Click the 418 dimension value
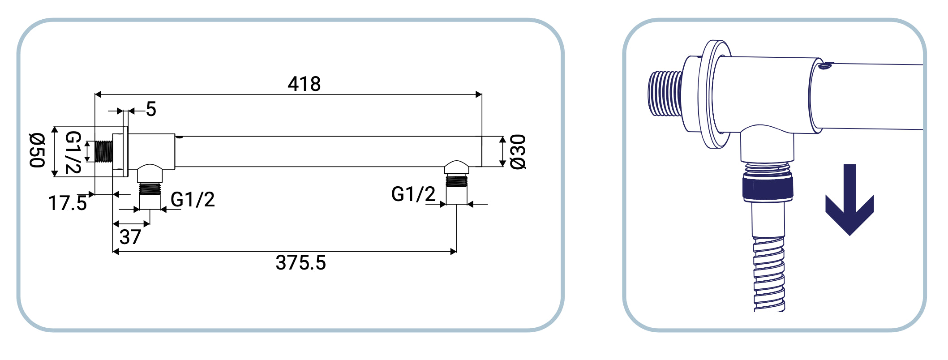[x=304, y=84]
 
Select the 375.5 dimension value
[x=300, y=263]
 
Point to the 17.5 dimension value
[x=67, y=203]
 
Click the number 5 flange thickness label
[x=151, y=110]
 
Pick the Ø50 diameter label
[x=37, y=150]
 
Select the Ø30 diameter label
[x=518, y=152]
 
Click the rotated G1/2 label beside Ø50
[x=73, y=152]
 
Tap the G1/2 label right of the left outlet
[x=193, y=200]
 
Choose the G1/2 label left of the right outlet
[x=413, y=194]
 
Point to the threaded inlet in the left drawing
[x=104, y=151]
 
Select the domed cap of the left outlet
[x=150, y=172]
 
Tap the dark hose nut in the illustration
[x=768, y=189]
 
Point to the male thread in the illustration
[x=665, y=93]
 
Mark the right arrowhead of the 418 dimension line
[x=479, y=94]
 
